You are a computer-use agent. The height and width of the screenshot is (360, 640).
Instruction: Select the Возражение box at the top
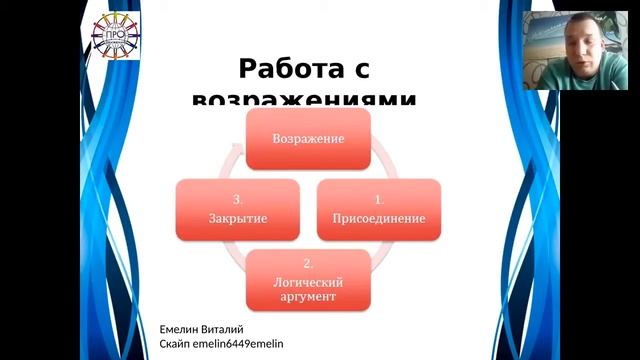click(x=309, y=139)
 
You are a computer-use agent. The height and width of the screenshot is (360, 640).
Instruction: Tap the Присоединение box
click(x=378, y=209)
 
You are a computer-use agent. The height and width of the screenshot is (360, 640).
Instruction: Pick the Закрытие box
click(x=237, y=209)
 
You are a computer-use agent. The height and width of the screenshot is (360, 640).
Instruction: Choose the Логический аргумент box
click(x=308, y=279)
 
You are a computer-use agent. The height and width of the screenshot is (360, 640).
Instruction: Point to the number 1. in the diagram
click(x=378, y=199)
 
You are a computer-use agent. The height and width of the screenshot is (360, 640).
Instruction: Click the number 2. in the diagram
click(x=308, y=264)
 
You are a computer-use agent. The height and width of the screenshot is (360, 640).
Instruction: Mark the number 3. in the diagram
click(x=237, y=199)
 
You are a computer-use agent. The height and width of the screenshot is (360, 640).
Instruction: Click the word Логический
click(x=308, y=281)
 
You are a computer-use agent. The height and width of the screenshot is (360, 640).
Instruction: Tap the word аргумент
click(x=308, y=297)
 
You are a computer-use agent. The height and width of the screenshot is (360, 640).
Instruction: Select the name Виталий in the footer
click(x=225, y=329)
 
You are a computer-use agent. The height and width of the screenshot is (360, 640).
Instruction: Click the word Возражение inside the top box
click(x=309, y=139)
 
